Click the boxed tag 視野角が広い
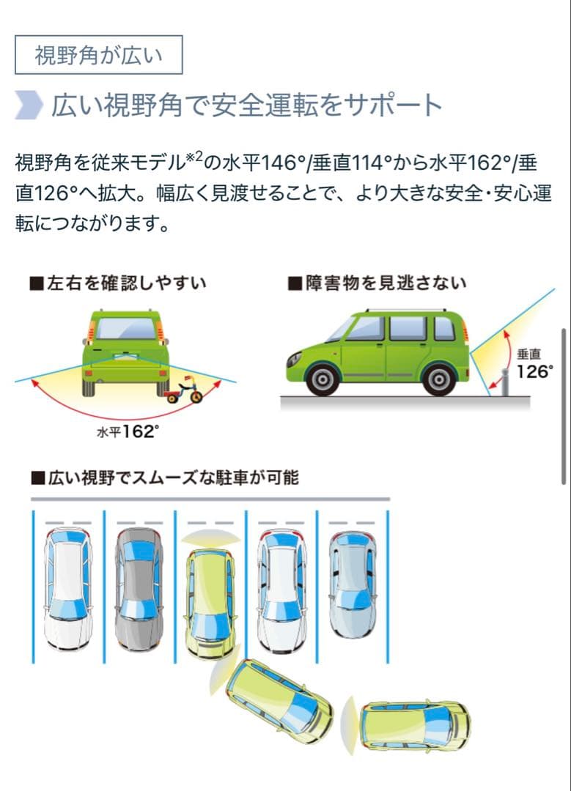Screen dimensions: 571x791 98,54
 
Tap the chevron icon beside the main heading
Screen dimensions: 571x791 29,105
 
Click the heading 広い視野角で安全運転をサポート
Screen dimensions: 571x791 247,105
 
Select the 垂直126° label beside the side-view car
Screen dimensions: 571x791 534,364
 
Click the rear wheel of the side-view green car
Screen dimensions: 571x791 439,379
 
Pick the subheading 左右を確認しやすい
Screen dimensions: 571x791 119,283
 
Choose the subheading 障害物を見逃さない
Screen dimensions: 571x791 377,283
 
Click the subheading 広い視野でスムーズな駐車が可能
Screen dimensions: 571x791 165,478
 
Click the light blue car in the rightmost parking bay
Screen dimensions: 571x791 353,585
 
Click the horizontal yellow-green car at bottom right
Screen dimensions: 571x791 414,725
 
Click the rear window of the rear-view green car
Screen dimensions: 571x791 125,329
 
